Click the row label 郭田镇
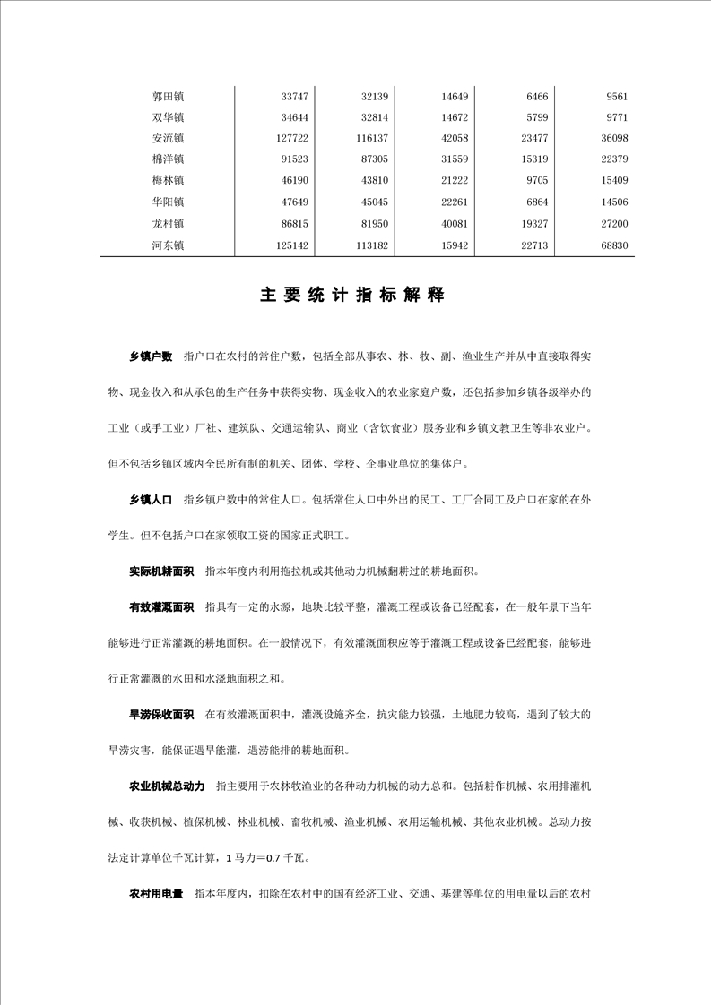[168, 96]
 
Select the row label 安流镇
[168, 138]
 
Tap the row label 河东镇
[168, 245]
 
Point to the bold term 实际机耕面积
[161, 571]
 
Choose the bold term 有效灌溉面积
[161, 607]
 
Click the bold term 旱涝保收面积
[161, 715]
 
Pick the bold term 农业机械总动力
[167, 786]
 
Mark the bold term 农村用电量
[156, 893]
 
